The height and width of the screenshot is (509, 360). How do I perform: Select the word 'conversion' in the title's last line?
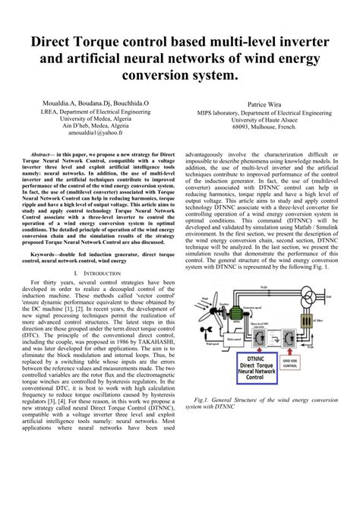coord(161,76)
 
